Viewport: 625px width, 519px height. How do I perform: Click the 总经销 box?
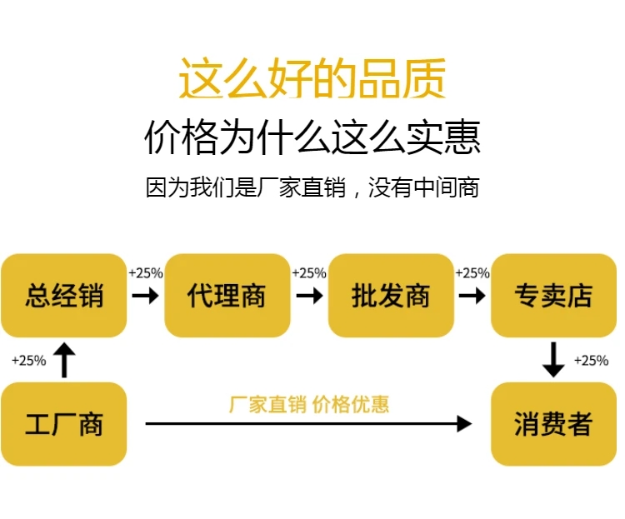(x=64, y=295)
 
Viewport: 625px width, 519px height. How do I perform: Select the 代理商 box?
(x=227, y=295)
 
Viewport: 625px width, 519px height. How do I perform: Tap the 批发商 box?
(x=391, y=295)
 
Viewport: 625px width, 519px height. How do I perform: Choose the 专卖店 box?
(x=553, y=295)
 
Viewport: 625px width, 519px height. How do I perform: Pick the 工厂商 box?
(x=64, y=424)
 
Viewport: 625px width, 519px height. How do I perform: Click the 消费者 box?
(x=553, y=424)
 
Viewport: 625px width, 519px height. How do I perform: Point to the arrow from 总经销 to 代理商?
(x=146, y=296)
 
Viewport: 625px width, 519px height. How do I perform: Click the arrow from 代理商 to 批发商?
(x=309, y=296)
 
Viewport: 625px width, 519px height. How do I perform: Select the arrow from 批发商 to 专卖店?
(x=472, y=296)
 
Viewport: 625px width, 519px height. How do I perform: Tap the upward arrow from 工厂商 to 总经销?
(x=64, y=360)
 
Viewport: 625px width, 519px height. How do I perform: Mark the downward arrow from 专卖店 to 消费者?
(x=553, y=359)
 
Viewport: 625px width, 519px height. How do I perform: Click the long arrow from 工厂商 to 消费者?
(x=308, y=424)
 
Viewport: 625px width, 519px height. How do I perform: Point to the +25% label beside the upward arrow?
(x=29, y=361)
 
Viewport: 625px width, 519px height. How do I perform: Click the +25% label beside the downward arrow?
(x=591, y=361)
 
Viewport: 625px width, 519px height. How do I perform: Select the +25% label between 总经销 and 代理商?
(x=146, y=272)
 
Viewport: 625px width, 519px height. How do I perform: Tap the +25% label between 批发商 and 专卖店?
(x=472, y=272)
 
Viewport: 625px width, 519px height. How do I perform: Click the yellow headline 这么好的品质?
(x=312, y=80)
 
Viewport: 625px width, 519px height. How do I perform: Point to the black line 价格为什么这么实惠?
(x=312, y=137)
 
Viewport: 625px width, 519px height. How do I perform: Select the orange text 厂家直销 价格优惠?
(x=309, y=405)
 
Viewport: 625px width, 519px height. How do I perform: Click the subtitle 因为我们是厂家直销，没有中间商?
(x=312, y=187)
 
